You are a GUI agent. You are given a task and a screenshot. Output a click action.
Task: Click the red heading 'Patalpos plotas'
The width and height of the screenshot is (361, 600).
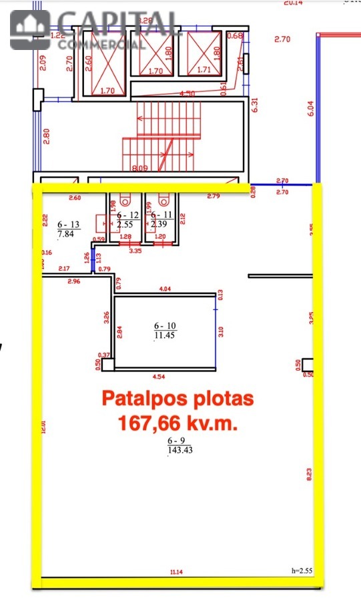click(x=177, y=399)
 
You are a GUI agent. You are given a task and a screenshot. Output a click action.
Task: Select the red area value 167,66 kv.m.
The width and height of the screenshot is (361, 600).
click(x=177, y=423)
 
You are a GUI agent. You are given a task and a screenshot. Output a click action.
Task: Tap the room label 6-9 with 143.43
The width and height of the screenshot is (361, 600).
click(x=177, y=446)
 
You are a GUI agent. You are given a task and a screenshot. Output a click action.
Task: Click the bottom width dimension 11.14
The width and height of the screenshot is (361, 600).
click(x=176, y=571)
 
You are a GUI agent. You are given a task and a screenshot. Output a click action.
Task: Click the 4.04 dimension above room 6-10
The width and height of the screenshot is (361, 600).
click(x=163, y=289)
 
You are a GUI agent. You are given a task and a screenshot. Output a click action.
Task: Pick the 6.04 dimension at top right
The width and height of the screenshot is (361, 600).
click(x=310, y=109)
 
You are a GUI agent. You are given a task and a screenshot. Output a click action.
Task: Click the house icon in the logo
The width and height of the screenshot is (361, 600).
click(x=29, y=30)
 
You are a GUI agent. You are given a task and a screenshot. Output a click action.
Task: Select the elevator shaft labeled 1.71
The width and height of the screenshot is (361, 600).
click(x=204, y=53)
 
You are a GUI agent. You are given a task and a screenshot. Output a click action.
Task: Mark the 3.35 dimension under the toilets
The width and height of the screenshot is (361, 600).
click(x=134, y=251)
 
